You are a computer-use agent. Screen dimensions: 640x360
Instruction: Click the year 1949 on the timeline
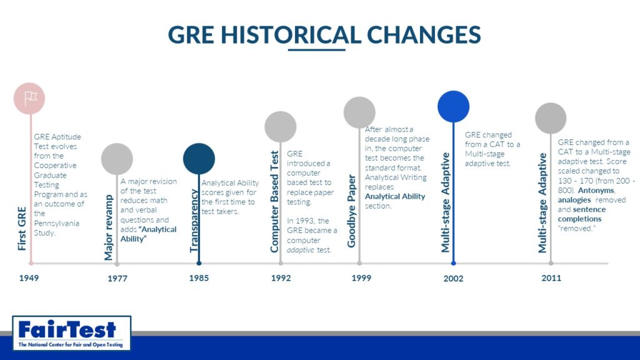coord(29,278)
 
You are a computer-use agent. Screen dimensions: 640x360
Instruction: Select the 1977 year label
coord(117,278)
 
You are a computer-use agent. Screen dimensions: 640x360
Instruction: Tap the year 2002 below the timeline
coord(454,278)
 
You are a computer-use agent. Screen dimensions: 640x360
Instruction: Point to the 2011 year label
coord(551,278)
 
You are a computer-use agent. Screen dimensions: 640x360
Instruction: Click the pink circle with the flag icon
coord(29,98)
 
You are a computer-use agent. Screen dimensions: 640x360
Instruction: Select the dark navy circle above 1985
coord(199,159)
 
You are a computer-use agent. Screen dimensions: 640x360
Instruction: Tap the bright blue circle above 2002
coord(454,106)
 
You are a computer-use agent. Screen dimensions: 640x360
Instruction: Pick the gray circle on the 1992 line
coord(281,127)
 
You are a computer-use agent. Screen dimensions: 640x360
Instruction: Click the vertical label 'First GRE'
coord(22,229)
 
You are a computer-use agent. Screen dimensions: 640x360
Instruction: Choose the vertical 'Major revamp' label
coord(108,227)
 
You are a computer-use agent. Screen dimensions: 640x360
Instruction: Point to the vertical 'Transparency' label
coord(194,221)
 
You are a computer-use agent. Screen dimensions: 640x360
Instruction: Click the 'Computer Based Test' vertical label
coord(274,202)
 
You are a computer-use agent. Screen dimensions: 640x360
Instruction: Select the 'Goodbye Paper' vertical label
coord(351,211)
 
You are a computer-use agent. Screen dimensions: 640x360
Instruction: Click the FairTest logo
coord(71,333)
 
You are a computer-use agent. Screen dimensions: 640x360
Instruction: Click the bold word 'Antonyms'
coord(596,190)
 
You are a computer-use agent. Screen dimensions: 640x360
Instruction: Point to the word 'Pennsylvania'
coord(57,223)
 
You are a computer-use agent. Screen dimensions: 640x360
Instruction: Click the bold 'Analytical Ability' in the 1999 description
coord(395,196)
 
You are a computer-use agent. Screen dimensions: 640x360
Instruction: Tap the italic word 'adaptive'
coord(301,250)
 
